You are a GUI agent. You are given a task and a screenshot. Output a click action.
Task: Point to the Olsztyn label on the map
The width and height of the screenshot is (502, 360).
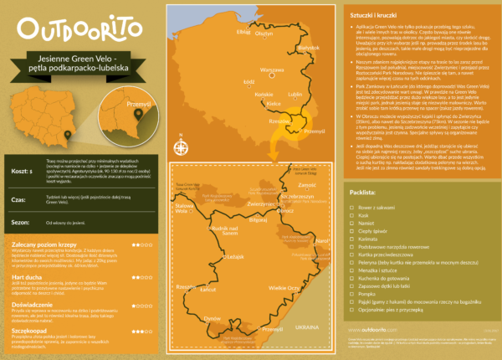click(265, 34)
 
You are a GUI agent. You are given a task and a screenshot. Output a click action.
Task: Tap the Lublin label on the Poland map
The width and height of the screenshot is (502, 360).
click(295, 95)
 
